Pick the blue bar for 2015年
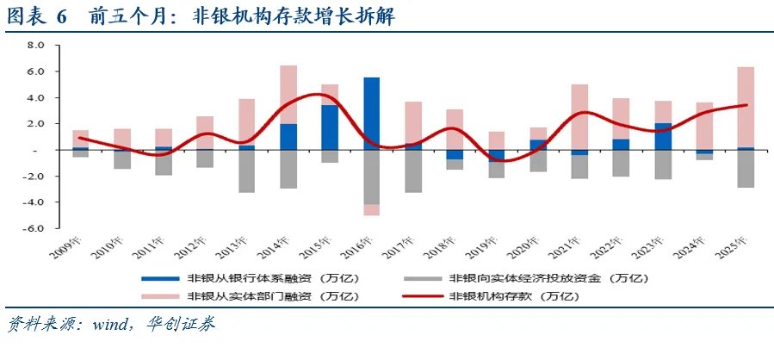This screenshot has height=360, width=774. click(330, 127)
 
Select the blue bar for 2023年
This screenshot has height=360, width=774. click(663, 136)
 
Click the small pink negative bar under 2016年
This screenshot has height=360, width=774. click(372, 209)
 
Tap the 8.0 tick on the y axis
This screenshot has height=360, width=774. click(35, 46)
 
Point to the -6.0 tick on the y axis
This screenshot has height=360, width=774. click(34, 228)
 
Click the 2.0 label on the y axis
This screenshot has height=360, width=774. click(35, 124)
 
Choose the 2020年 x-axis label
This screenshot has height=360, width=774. click(523, 251)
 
